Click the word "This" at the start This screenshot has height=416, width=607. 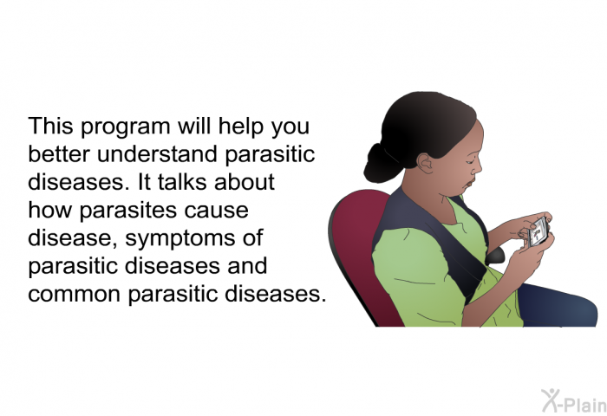50,126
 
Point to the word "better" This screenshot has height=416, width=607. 59,154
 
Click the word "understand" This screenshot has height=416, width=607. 157,154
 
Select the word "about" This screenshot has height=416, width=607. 245,182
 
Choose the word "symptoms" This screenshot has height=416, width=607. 180,239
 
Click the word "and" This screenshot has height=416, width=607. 247,266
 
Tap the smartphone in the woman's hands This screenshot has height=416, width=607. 538,232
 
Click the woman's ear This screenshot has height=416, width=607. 425,163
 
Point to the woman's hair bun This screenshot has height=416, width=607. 380,164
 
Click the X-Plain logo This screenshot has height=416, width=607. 574,401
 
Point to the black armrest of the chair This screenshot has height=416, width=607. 494,255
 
